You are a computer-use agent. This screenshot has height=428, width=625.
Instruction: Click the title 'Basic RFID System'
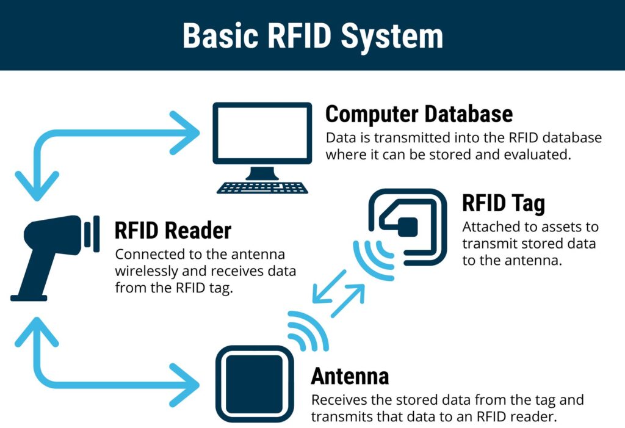[312, 36]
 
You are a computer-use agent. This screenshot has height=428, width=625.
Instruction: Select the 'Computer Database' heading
[419, 114]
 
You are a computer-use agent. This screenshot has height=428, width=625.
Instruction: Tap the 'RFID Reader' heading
[173, 231]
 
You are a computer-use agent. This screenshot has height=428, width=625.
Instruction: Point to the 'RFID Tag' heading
[503, 203]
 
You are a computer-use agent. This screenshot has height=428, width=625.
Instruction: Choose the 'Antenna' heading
[350, 376]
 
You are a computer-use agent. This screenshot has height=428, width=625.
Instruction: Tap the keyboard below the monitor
[262, 186]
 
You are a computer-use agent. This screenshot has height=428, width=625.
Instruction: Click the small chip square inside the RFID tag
[407, 227]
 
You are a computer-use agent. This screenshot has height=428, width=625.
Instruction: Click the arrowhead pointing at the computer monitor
[186, 134]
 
